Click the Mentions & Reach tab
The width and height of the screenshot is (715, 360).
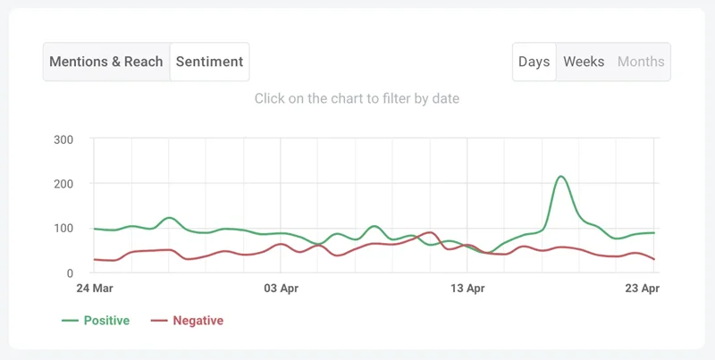[106, 63]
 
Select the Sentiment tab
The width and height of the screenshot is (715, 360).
[209, 63]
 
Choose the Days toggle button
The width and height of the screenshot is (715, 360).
[534, 63]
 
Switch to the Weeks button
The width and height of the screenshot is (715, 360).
[584, 63]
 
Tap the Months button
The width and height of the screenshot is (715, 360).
[641, 63]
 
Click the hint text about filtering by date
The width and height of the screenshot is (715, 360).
[357, 98]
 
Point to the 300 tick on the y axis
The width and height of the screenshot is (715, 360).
[63, 139]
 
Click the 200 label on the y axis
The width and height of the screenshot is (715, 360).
[63, 184]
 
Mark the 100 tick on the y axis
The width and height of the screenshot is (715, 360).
[63, 229]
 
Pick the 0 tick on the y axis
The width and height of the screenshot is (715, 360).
[69, 273]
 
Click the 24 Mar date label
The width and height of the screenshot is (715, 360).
[95, 289]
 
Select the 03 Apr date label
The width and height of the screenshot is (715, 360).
[281, 289]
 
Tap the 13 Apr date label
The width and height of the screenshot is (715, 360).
[467, 289]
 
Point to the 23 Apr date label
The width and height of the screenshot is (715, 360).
[640, 289]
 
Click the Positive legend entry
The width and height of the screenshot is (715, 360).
[96, 320]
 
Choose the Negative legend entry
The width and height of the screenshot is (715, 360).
[186, 320]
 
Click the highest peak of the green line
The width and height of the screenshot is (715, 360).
[560, 177]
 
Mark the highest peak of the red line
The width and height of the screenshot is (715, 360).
[431, 232]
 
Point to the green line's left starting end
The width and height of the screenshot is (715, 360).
[95, 229]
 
